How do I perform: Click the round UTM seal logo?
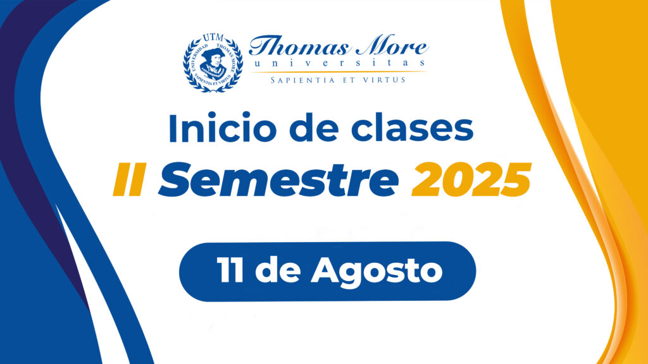point(213,63)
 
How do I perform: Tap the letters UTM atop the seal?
point(213,39)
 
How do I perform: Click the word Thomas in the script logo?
point(299,45)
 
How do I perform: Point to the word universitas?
point(339,63)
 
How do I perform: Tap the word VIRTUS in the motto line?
point(384,80)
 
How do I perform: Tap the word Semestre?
point(278,179)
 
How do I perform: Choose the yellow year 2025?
point(471,179)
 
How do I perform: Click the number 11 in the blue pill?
point(230,270)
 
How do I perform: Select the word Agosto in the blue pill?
point(377,272)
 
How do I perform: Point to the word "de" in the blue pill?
point(278,270)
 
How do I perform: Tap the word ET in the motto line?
point(349,80)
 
